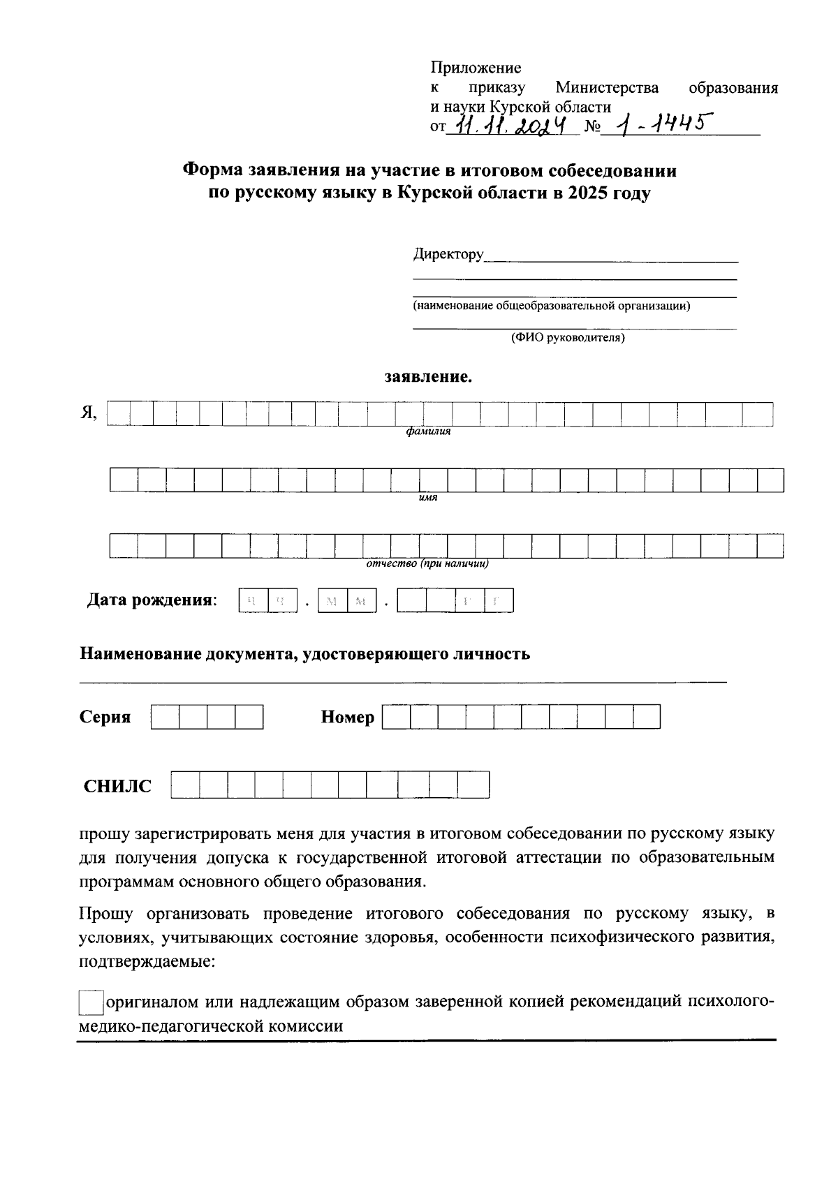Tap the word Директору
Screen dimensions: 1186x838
pyautogui.click(x=448, y=254)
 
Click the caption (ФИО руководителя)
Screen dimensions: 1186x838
pyautogui.click(x=567, y=338)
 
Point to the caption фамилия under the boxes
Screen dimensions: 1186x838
pyautogui.click(x=429, y=431)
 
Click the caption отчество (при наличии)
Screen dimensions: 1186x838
pyautogui.click(x=427, y=563)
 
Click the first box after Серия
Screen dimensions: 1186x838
pyautogui.click(x=165, y=717)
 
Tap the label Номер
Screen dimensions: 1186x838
pyautogui.click(x=347, y=717)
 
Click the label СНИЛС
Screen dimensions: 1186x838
pyautogui.click(x=117, y=786)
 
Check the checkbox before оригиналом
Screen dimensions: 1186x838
pyautogui.click(x=91, y=1002)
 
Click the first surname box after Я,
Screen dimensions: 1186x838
pyautogui.click(x=119, y=414)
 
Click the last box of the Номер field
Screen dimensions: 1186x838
pyautogui.click(x=647, y=717)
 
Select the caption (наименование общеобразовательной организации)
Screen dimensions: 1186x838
pyautogui.click(x=551, y=306)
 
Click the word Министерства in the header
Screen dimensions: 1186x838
pyautogui.click(x=607, y=88)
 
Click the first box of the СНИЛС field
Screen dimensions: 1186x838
pyautogui.click(x=185, y=785)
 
